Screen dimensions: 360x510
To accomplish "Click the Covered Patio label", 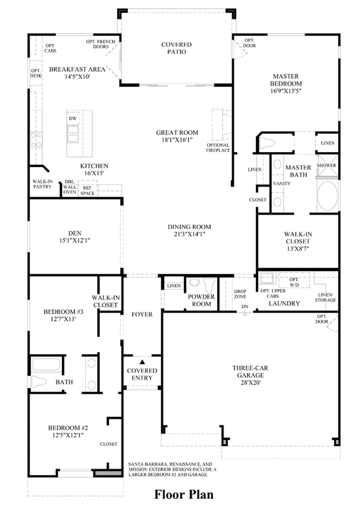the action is tap(177, 48).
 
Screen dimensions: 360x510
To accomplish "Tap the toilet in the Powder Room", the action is tap(209, 285).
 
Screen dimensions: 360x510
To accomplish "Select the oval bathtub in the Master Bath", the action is tap(327, 196).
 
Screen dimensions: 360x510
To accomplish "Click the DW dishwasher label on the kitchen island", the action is tap(73, 118).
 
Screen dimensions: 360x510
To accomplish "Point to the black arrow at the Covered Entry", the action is tap(142, 361).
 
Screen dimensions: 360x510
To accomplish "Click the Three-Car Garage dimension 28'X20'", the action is tap(250, 382).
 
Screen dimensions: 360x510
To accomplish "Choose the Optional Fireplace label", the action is tap(218, 148).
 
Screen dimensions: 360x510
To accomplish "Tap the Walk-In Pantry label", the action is tap(43, 184).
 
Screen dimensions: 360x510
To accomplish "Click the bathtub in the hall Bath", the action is tap(46, 365).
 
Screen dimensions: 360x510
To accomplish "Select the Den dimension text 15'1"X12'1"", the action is tap(75, 241).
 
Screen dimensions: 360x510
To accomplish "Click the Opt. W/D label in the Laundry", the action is tap(294, 282).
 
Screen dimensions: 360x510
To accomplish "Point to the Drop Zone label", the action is tap(240, 293).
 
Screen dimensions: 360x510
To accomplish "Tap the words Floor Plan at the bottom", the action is tap(184, 494).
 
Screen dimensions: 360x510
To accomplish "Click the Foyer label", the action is tap(142, 315).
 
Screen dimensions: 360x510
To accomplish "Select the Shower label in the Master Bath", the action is tap(326, 165).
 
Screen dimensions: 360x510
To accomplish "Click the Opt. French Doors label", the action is tap(101, 44).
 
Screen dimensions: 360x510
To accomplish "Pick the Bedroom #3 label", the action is tap(63, 312).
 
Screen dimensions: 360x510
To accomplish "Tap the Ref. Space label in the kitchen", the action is tap(87, 191).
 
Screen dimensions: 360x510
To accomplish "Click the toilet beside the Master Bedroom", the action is tap(267, 142).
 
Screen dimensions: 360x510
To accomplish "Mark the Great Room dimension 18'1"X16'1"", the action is tap(177, 140).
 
